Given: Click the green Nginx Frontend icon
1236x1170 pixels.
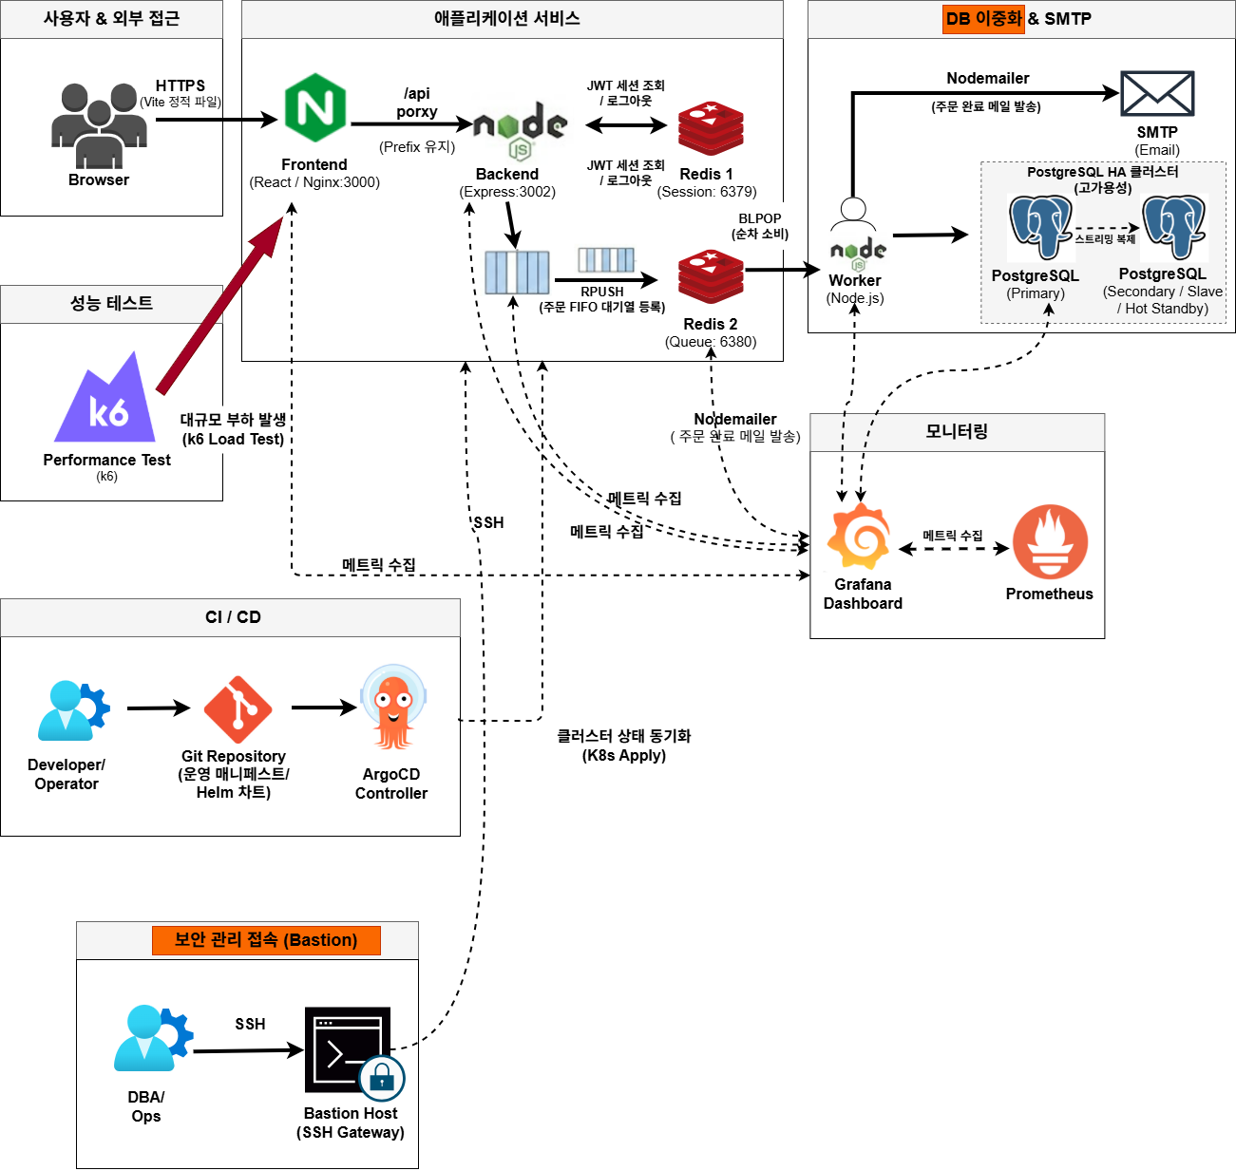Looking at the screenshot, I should pos(314,108).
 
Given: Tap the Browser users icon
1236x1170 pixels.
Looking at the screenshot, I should pos(99,123).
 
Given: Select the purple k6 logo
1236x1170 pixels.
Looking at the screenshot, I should pos(107,400).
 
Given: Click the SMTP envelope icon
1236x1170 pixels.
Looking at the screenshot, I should pos(1157,93).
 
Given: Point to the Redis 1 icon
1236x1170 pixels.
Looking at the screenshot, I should pos(711,128).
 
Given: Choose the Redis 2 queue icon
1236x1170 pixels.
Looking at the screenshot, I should pos(711,277).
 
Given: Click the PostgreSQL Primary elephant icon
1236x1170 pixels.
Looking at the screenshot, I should pos(1040,227).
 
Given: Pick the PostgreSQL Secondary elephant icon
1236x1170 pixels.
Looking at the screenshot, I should pos(1174,227).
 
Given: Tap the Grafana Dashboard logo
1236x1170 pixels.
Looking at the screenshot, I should pos(859,537).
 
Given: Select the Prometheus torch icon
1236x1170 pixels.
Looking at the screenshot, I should pos(1049,542).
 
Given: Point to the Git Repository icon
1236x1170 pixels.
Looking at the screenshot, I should pos(238,709).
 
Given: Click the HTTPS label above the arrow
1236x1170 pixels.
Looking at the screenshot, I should pos(181,85).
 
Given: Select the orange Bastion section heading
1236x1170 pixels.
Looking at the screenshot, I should pos(266,940).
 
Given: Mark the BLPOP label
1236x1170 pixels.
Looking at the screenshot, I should pos(760,218).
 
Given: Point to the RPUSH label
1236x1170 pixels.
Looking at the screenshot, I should pos(602,292).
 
